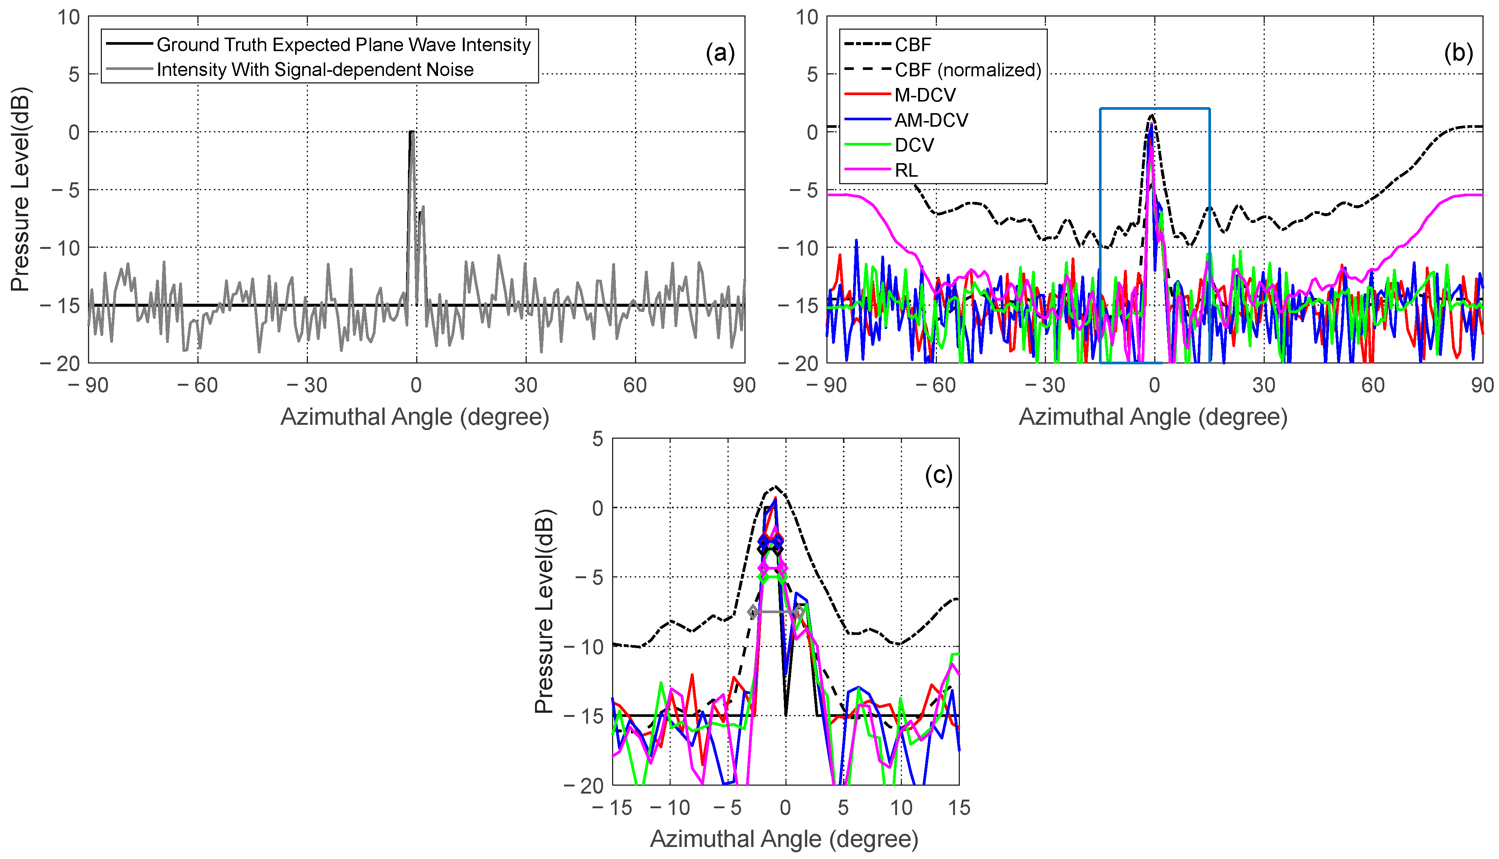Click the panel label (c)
(938, 475)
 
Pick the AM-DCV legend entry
(931, 120)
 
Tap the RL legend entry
(906, 171)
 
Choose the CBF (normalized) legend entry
(967, 70)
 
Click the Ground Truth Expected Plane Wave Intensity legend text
(343, 45)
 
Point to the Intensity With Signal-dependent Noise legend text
(315, 70)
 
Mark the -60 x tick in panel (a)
(198, 386)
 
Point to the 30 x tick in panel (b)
(1264, 386)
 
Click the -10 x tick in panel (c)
(670, 807)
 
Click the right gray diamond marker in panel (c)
(799, 612)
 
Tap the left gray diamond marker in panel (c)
(753, 612)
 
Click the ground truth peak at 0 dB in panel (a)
(411, 132)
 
